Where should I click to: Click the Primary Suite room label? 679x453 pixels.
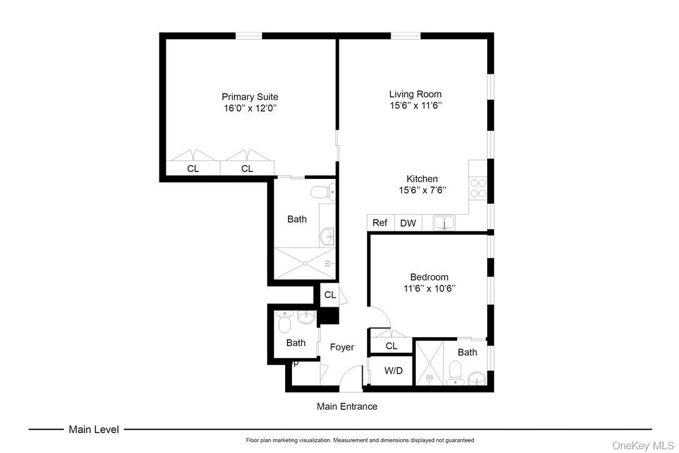249,97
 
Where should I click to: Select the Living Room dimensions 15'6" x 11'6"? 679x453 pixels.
415,106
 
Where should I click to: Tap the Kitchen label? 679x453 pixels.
422,179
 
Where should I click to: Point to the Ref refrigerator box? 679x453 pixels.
380,223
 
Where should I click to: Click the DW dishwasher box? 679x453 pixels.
408,223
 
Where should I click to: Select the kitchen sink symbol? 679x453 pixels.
444,222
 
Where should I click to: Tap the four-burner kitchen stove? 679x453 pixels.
478,188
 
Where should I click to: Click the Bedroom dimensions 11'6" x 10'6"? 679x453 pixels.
429,288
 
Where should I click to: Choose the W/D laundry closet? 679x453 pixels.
393,370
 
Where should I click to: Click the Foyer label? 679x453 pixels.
342,347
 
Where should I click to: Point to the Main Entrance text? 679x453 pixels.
347,406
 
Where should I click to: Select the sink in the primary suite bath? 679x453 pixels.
326,237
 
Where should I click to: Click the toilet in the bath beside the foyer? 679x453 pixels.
283,324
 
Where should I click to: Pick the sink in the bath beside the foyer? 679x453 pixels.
305,318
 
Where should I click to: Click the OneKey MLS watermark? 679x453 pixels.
643,445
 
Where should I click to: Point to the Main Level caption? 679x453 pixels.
94,429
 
